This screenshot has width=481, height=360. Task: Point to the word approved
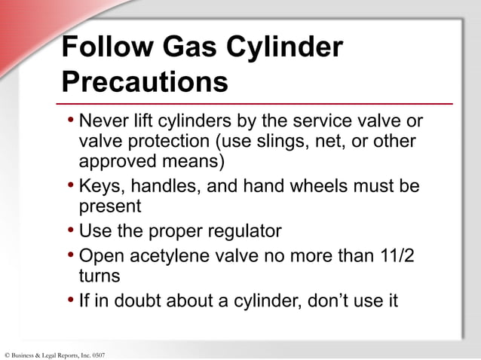click(118, 161)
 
